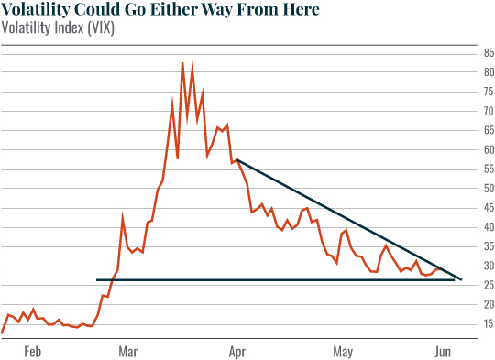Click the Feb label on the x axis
33,351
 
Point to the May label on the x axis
343,351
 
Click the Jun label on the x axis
443,351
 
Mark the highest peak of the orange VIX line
182,63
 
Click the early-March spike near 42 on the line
123,218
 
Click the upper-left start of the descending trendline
237,160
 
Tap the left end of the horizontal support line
97,279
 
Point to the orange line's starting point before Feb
3,332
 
